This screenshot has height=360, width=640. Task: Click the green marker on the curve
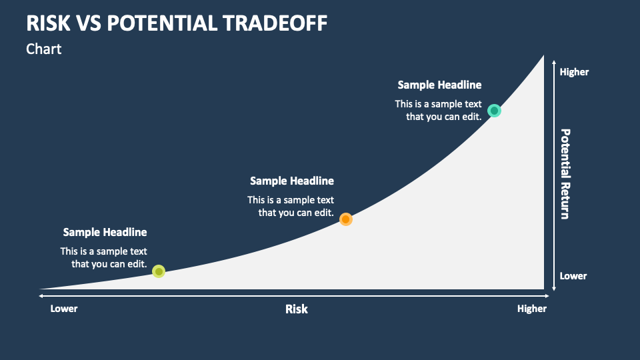(x=159, y=271)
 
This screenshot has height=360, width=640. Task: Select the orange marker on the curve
(x=345, y=219)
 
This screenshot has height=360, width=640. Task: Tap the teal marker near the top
(x=494, y=111)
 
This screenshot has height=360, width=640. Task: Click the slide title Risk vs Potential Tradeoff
(x=177, y=23)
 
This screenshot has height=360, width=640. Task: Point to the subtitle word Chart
(x=44, y=49)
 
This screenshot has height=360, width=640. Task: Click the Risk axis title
(x=297, y=309)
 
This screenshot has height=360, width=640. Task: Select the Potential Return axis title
(x=565, y=174)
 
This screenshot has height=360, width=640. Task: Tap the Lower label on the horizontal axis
(x=64, y=309)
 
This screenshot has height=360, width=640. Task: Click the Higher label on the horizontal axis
(x=532, y=309)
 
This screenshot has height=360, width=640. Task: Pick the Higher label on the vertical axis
(x=574, y=72)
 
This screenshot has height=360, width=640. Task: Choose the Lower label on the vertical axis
(x=573, y=276)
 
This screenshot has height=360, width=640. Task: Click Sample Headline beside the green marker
(x=105, y=232)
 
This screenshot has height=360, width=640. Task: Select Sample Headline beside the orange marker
(x=292, y=181)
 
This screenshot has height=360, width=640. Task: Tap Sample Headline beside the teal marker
(x=439, y=85)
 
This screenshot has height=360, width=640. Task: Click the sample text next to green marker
(x=105, y=257)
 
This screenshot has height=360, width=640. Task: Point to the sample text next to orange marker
(x=291, y=206)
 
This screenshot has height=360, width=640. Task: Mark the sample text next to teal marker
(x=439, y=110)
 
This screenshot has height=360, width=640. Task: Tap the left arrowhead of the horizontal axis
(x=41, y=295)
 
